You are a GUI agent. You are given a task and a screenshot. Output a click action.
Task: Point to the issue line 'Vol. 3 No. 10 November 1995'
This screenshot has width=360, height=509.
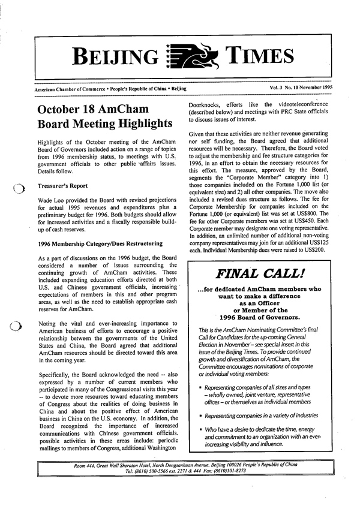[301, 88]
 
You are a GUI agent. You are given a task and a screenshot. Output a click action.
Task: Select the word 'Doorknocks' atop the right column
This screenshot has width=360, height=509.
[207, 103]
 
